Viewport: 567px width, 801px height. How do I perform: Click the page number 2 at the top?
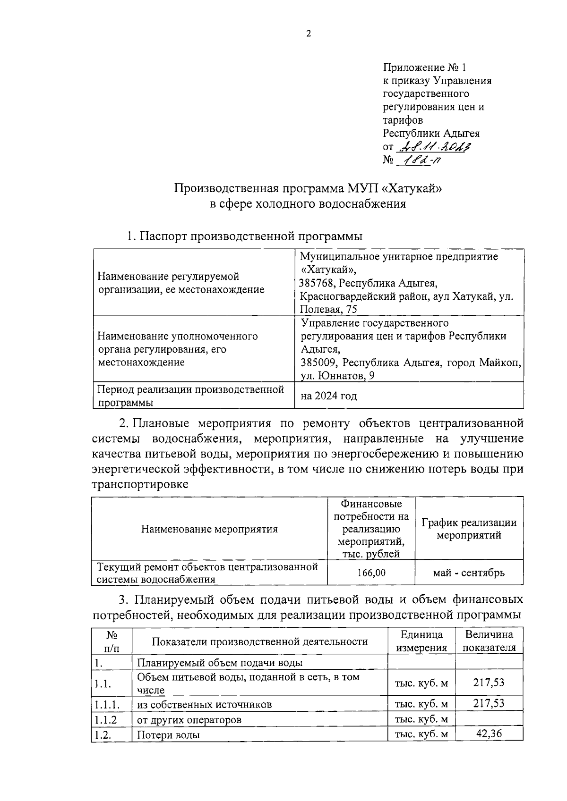[309, 33]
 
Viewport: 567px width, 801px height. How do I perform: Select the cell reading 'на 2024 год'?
[329, 396]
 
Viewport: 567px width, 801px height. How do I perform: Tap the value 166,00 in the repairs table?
[371, 573]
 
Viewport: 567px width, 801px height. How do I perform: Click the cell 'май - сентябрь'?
[469, 573]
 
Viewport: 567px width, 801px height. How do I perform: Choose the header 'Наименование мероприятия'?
[209, 529]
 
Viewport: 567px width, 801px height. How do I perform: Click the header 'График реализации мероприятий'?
[469, 529]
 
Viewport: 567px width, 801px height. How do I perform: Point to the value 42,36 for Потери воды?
[489, 734]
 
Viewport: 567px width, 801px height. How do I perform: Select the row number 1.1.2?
[105, 720]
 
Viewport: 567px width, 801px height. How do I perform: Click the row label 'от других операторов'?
[189, 720]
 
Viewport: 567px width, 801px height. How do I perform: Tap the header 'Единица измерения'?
[421, 641]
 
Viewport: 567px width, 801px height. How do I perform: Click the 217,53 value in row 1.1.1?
[489, 703]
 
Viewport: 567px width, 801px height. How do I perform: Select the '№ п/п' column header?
[112, 641]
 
